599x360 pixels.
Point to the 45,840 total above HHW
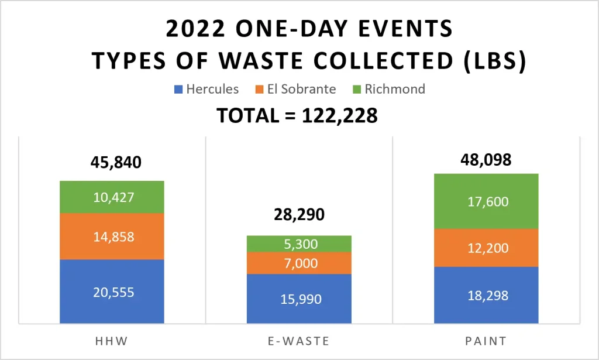point(116,163)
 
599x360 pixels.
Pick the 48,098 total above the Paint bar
point(486,159)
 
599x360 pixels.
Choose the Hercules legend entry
point(206,90)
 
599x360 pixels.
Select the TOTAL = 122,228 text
point(297,115)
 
